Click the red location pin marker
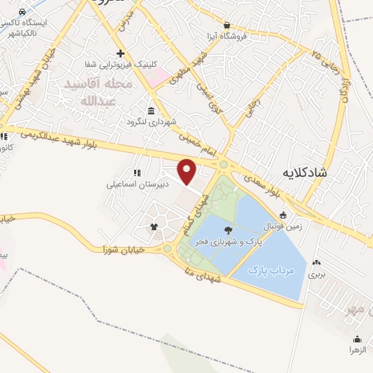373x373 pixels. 187,172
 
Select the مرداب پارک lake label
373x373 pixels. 270,270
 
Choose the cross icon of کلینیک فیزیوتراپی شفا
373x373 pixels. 121,54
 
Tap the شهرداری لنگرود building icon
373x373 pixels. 151,111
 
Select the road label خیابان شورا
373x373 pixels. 126,248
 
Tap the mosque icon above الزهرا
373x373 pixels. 357,339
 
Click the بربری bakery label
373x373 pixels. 316,275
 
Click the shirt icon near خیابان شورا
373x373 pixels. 154,227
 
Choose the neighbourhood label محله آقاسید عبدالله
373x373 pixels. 101,92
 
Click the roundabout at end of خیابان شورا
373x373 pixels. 168,249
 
